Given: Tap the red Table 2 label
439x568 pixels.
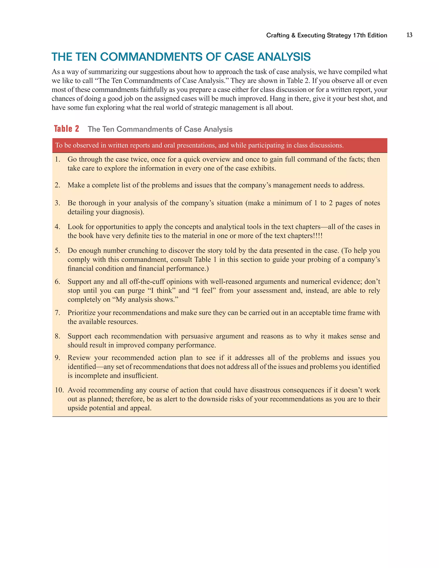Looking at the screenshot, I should click(x=67, y=129).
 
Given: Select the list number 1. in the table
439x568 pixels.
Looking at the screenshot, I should click(x=57, y=159).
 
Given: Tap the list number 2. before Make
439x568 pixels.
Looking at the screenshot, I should click(x=57, y=185).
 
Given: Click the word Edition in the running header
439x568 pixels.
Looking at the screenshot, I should click(x=377, y=35).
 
